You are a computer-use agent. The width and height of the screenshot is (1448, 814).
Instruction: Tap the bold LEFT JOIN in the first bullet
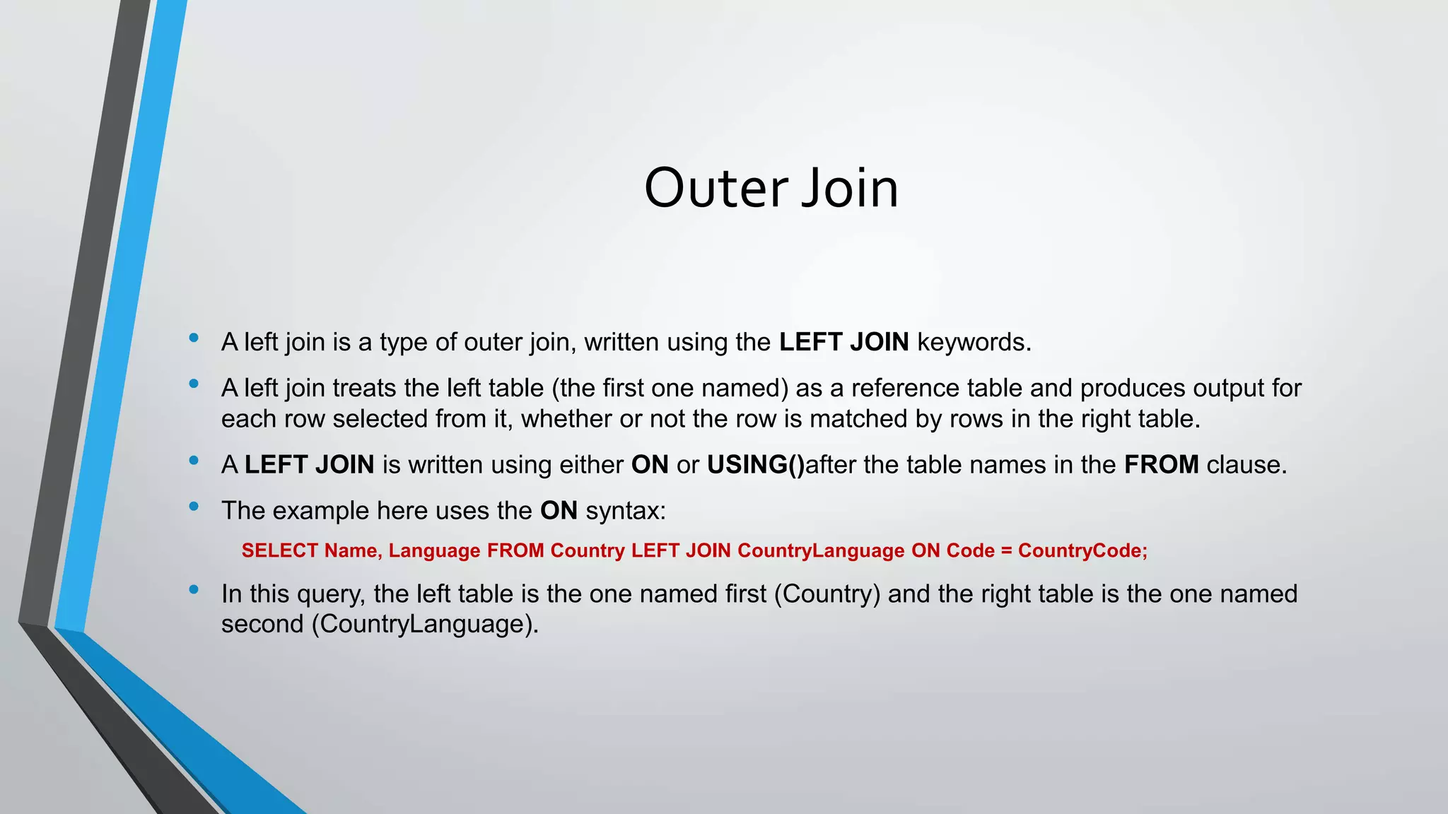point(843,342)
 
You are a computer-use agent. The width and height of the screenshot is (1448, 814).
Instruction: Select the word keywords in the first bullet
point(974,342)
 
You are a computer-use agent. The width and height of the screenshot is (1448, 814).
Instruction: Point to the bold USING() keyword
point(756,465)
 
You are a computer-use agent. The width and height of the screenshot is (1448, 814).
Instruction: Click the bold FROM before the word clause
point(1161,465)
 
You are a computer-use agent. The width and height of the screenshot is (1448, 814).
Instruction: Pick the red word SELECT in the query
point(279,550)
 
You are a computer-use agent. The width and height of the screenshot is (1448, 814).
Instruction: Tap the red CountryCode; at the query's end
point(1082,550)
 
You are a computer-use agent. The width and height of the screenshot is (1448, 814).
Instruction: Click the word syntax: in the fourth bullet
point(626,510)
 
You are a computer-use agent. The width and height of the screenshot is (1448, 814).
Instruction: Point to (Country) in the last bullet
point(827,594)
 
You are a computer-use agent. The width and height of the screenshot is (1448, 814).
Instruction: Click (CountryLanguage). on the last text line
point(424,624)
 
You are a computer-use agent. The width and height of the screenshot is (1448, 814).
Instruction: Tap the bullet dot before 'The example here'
point(194,506)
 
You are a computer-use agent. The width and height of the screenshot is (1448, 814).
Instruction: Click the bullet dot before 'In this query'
point(194,589)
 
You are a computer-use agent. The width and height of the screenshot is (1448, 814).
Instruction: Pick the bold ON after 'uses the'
point(559,510)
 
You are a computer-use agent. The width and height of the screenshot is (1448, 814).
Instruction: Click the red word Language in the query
point(434,550)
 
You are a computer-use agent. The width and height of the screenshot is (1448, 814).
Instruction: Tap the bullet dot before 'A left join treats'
point(194,384)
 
